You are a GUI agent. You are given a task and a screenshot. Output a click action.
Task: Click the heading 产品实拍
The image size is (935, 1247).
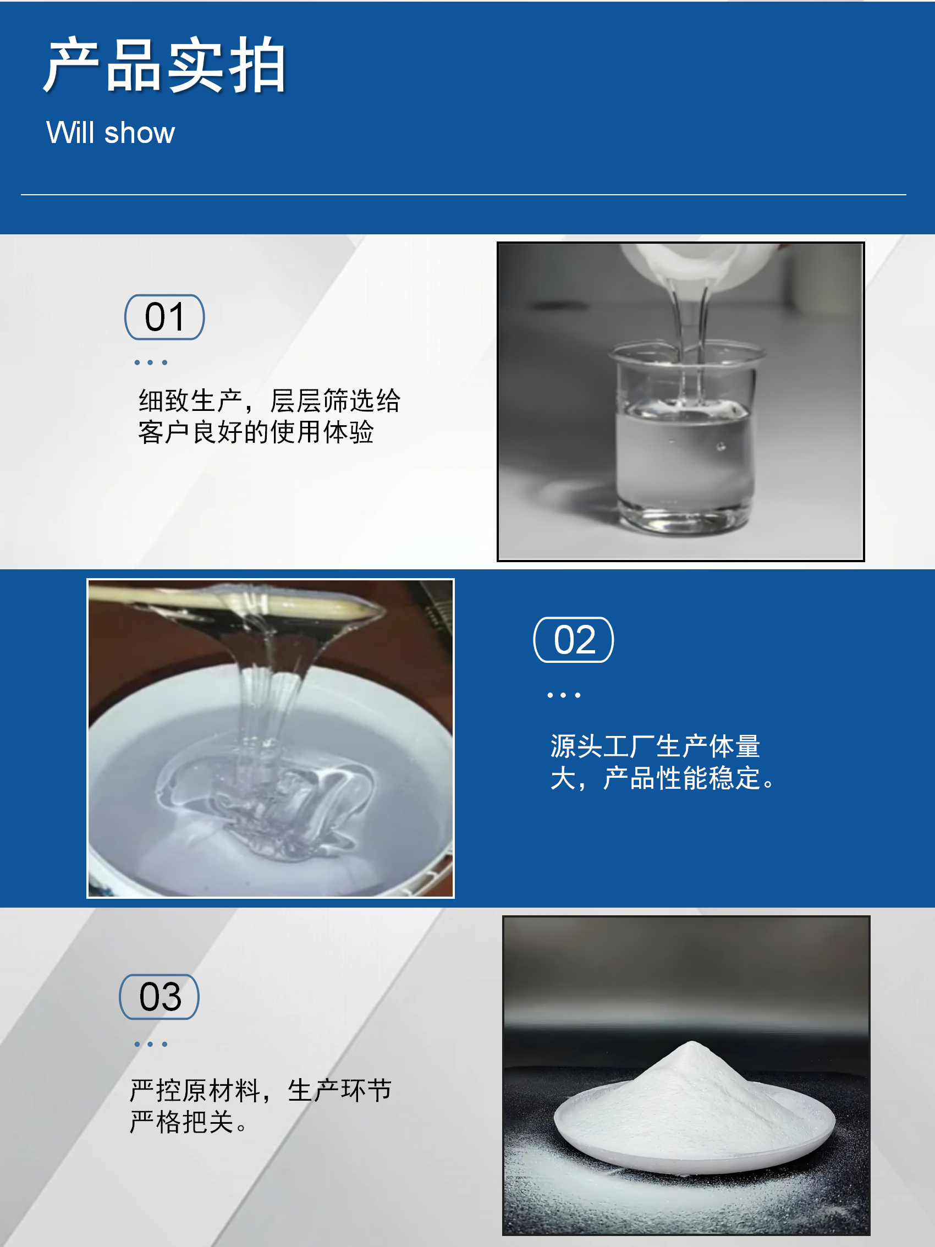[165, 65]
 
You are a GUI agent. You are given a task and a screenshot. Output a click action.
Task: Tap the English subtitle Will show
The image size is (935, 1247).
[111, 133]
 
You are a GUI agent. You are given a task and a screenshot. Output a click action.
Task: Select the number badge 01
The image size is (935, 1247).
[164, 317]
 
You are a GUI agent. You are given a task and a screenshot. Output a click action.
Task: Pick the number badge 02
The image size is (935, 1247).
[574, 640]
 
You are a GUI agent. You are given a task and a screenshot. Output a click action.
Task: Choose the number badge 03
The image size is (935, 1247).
[159, 997]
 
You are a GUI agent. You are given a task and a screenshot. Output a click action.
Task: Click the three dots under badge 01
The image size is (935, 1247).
[151, 362]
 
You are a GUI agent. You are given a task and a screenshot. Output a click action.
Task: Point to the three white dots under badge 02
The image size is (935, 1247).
[564, 695]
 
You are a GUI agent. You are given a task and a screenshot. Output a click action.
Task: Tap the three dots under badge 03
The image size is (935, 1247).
[151, 1044]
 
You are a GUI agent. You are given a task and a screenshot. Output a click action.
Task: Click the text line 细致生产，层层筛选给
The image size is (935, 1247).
[269, 401]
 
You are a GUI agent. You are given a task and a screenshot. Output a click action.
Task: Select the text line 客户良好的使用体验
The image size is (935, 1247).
[256, 432]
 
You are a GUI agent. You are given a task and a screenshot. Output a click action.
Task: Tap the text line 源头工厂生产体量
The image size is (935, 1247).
[656, 746]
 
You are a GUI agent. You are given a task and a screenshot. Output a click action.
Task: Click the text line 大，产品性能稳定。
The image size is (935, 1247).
[663, 778]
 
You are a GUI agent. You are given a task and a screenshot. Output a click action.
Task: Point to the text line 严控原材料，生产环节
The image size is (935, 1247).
[261, 1090]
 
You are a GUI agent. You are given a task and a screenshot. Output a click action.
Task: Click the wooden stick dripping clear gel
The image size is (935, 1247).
[237, 600]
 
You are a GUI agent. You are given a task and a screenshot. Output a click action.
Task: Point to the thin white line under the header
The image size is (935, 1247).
[463, 195]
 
